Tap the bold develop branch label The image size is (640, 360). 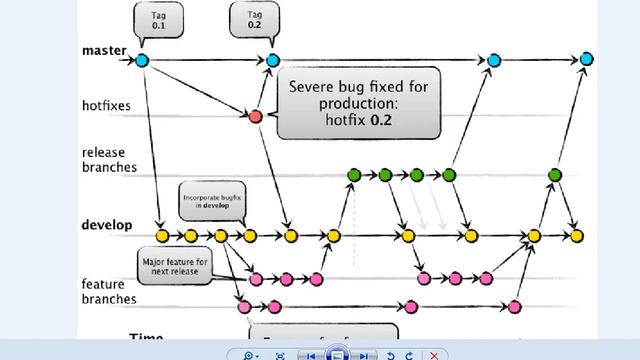pyautogui.click(x=107, y=225)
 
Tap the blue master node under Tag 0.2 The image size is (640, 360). pyautogui.click(x=274, y=61)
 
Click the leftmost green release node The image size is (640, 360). pyautogui.click(x=353, y=175)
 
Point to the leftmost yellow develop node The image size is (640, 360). pyautogui.click(x=161, y=236)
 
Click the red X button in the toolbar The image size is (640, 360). pyautogui.click(x=434, y=354)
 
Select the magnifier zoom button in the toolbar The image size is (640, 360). pyautogui.click(x=246, y=354)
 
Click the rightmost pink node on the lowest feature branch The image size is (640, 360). pyautogui.click(x=514, y=306)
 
